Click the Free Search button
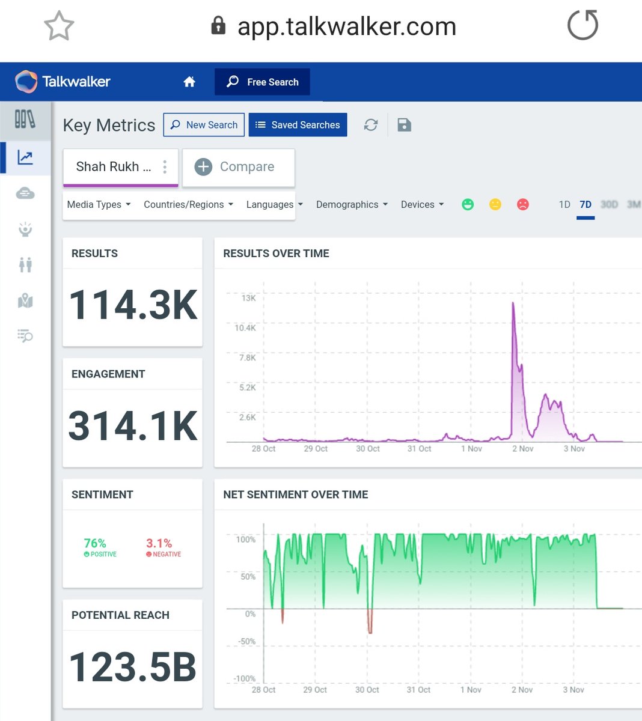[x=262, y=82]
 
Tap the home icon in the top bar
[x=189, y=82]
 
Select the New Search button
[x=204, y=125]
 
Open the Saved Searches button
[x=298, y=125]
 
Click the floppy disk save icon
[x=404, y=125]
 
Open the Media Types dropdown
[x=99, y=204]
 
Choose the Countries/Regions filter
[x=188, y=204]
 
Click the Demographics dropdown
[x=352, y=204]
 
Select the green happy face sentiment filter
[x=468, y=204]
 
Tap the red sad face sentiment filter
[x=523, y=204]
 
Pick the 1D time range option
[x=564, y=204]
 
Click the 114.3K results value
[x=133, y=305]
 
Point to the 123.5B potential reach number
[x=133, y=667]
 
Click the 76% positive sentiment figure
[x=95, y=543]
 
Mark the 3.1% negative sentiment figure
[x=159, y=543]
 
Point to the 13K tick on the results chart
[x=248, y=298]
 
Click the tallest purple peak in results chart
[x=513, y=304]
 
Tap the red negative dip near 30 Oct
[x=370, y=625]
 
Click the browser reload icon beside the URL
[x=582, y=25]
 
